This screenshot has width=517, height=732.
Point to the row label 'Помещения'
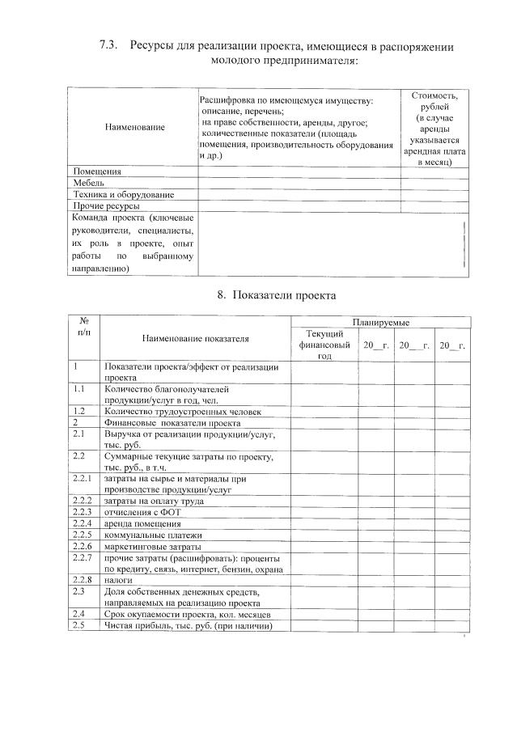pyautogui.click(x=97, y=171)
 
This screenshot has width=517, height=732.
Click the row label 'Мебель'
pyautogui.click(x=88, y=183)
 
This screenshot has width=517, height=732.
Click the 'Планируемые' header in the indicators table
pyautogui.click(x=380, y=323)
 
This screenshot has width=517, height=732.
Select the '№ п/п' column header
pyautogui.click(x=83, y=327)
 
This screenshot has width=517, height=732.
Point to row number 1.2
pyautogui.click(x=79, y=411)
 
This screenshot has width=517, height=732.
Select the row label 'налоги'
pyautogui.click(x=118, y=580)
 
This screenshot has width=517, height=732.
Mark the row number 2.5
pyautogui.click(x=79, y=625)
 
